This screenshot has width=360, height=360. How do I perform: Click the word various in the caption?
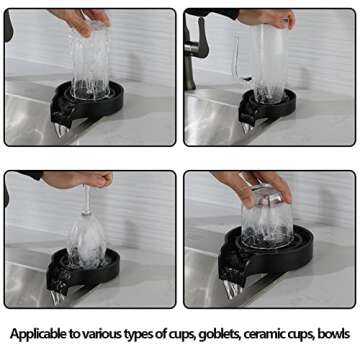click(x=107, y=336)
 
